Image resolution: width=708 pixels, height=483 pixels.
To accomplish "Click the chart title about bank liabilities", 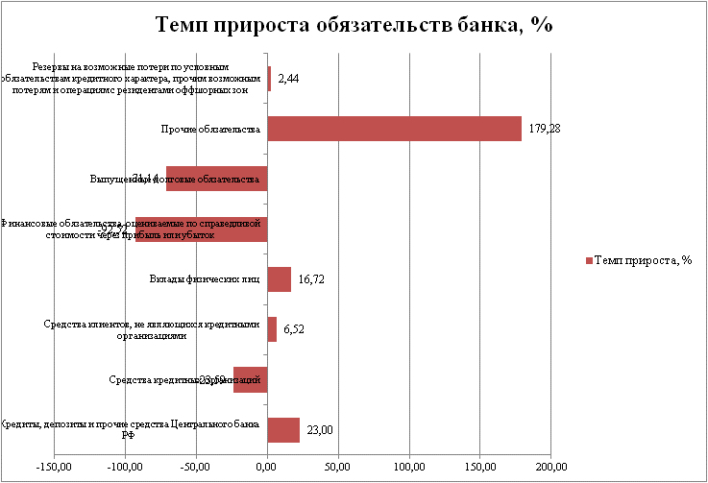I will click(354, 26).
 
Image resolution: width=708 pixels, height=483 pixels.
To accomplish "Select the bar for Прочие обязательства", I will click(394, 129).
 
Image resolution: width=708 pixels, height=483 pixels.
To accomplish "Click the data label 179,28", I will click(543, 129).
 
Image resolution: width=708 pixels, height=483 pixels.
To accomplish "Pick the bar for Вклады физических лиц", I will click(279, 279).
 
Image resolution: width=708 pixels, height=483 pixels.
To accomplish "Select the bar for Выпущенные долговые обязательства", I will click(216, 179).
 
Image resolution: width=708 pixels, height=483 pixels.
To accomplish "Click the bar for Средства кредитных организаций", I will click(250, 379).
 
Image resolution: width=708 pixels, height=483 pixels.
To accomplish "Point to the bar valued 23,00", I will click(283, 430).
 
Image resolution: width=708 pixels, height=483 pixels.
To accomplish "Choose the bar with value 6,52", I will click(272, 329).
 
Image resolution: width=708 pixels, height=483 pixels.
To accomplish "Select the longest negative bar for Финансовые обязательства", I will click(201, 229).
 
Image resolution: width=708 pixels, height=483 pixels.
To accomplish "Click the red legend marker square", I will click(588, 260).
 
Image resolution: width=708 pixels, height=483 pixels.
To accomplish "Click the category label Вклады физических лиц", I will click(205, 279).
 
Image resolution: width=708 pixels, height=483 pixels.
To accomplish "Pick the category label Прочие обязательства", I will click(210, 129).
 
